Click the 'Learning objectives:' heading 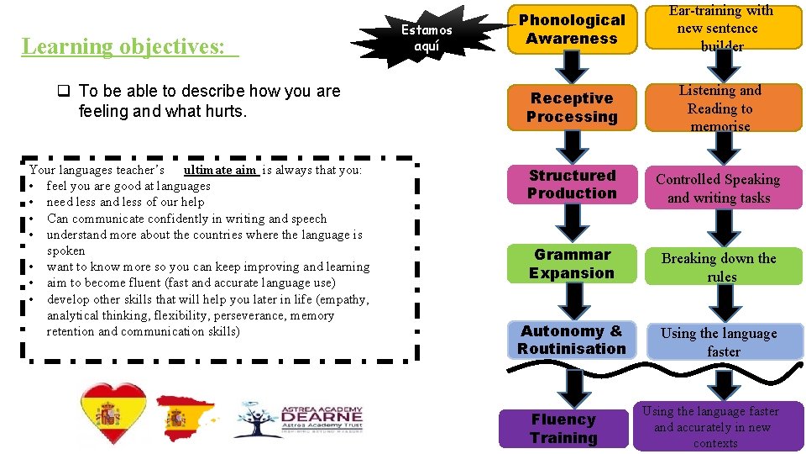coord(129,46)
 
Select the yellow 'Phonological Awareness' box coord(572,29)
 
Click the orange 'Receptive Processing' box coord(572,108)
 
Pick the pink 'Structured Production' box coord(572,185)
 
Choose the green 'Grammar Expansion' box coord(572,264)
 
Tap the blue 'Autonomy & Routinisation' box coord(572,340)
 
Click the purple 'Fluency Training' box coord(563,429)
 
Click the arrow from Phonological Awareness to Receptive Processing coord(572,68)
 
